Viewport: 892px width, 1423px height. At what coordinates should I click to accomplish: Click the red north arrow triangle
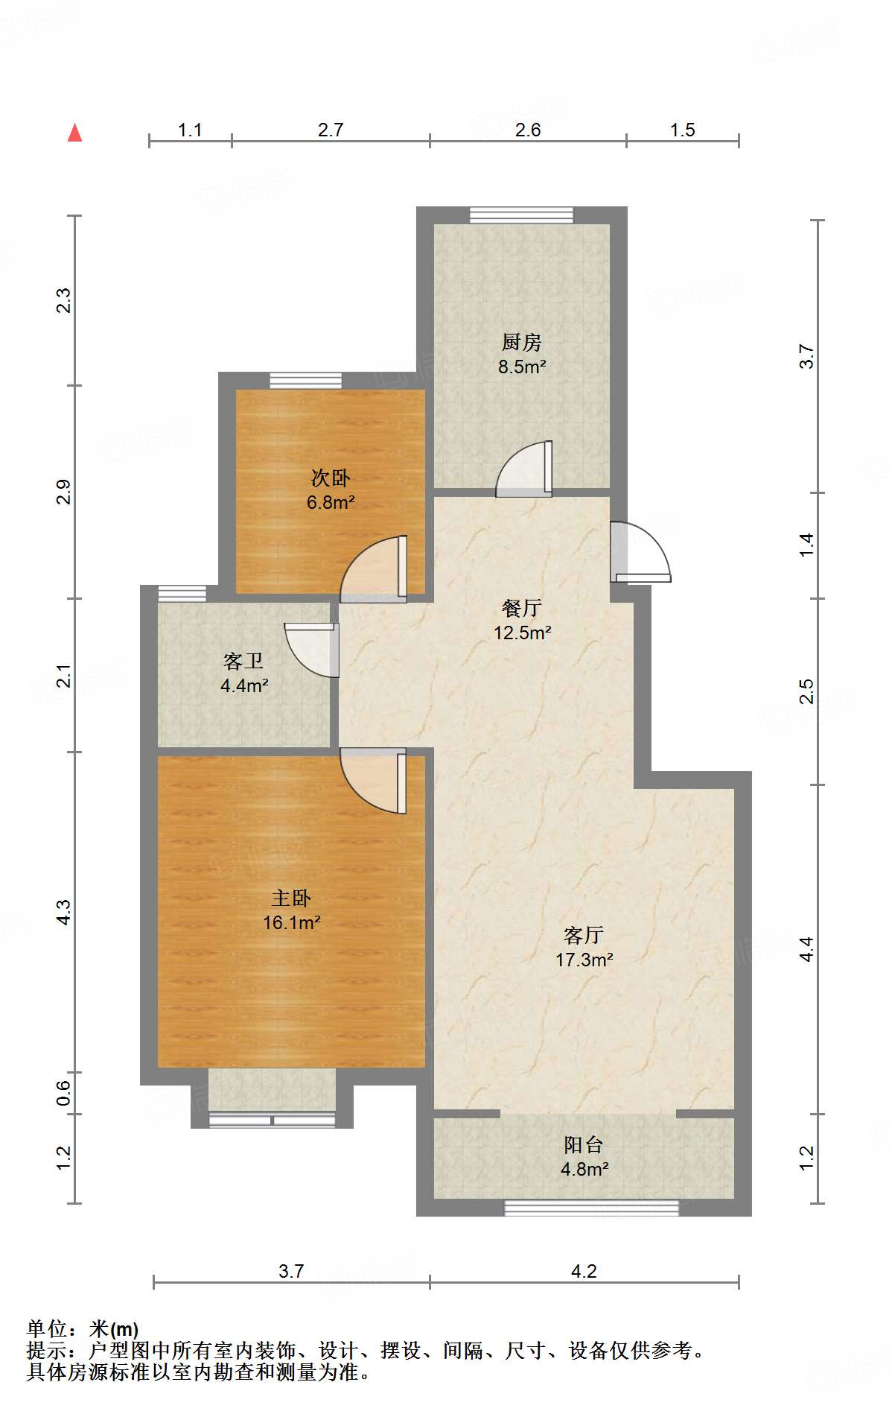pyautogui.click(x=74, y=133)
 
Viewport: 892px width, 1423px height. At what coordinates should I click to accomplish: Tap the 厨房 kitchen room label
pyautogui.click(x=521, y=342)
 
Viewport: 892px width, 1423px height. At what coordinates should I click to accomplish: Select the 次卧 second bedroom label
pyautogui.click(x=330, y=478)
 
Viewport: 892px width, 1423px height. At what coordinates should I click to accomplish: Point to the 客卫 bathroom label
pyautogui.click(x=243, y=661)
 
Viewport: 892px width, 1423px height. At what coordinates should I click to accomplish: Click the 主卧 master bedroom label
pyautogui.click(x=291, y=898)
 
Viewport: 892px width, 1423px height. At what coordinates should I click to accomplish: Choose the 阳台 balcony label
pyautogui.click(x=584, y=1144)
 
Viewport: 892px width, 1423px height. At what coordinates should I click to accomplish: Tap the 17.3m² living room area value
pyautogui.click(x=584, y=960)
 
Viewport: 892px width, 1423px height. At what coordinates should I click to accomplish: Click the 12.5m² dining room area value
pyautogui.click(x=523, y=633)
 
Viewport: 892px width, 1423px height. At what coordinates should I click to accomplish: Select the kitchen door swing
pyautogui.click(x=524, y=469)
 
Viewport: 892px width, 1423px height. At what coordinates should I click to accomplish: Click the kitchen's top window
pyautogui.click(x=522, y=215)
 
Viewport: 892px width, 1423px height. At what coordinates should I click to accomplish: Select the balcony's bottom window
pyautogui.click(x=592, y=1207)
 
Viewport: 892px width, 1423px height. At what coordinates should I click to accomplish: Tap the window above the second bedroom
pyautogui.click(x=305, y=381)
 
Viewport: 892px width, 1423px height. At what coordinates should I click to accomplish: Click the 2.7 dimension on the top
pyautogui.click(x=331, y=130)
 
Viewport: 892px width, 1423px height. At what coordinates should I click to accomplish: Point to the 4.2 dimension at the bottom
pyautogui.click(x=584, y=1271)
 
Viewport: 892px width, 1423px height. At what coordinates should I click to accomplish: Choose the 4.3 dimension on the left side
pyautogui.click(x=64, y=913)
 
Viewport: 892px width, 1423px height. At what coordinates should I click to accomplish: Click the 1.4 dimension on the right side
pyautogui.click(x=807, y=545)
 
